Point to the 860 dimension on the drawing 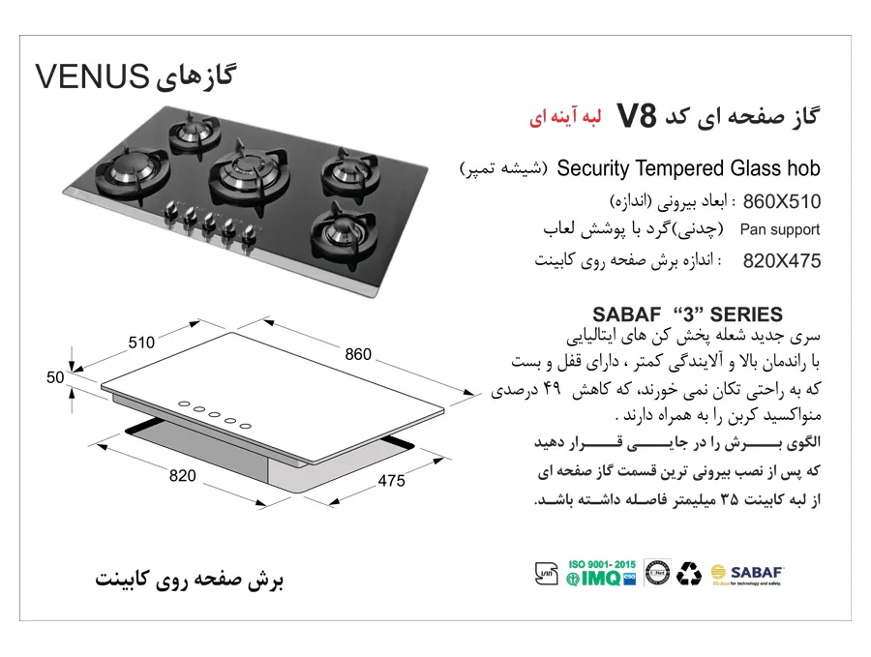(x=358, y=355)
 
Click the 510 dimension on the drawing (x=141, y=341)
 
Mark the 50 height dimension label (x=54, y=377)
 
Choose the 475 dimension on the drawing (x=390, y=481)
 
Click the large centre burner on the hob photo (x=236, y=174)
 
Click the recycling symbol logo (x=689, y=574)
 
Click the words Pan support (x=780, y=230)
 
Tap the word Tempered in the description (x=680, y=168)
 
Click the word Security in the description (x=594, y=168)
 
